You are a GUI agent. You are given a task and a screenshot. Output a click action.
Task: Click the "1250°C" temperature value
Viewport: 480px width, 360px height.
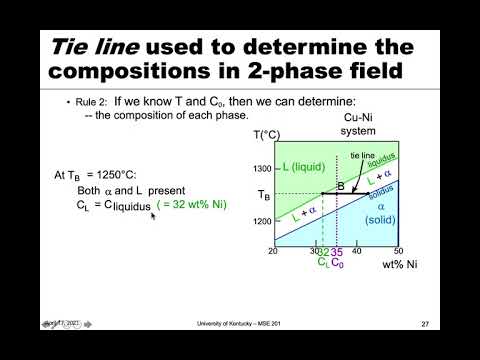pos(123,174)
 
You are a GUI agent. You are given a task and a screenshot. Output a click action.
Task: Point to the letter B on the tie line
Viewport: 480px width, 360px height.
pos(339,185)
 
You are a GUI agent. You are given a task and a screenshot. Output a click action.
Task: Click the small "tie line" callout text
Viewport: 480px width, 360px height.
pos(361,155)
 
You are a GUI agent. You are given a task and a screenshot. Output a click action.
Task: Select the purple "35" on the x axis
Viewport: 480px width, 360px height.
pos(337,252)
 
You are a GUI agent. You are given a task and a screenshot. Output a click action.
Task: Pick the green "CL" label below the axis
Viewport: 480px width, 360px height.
pos(322,264)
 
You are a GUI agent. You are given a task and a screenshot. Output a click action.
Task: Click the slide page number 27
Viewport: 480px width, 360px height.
pos(424,324)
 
